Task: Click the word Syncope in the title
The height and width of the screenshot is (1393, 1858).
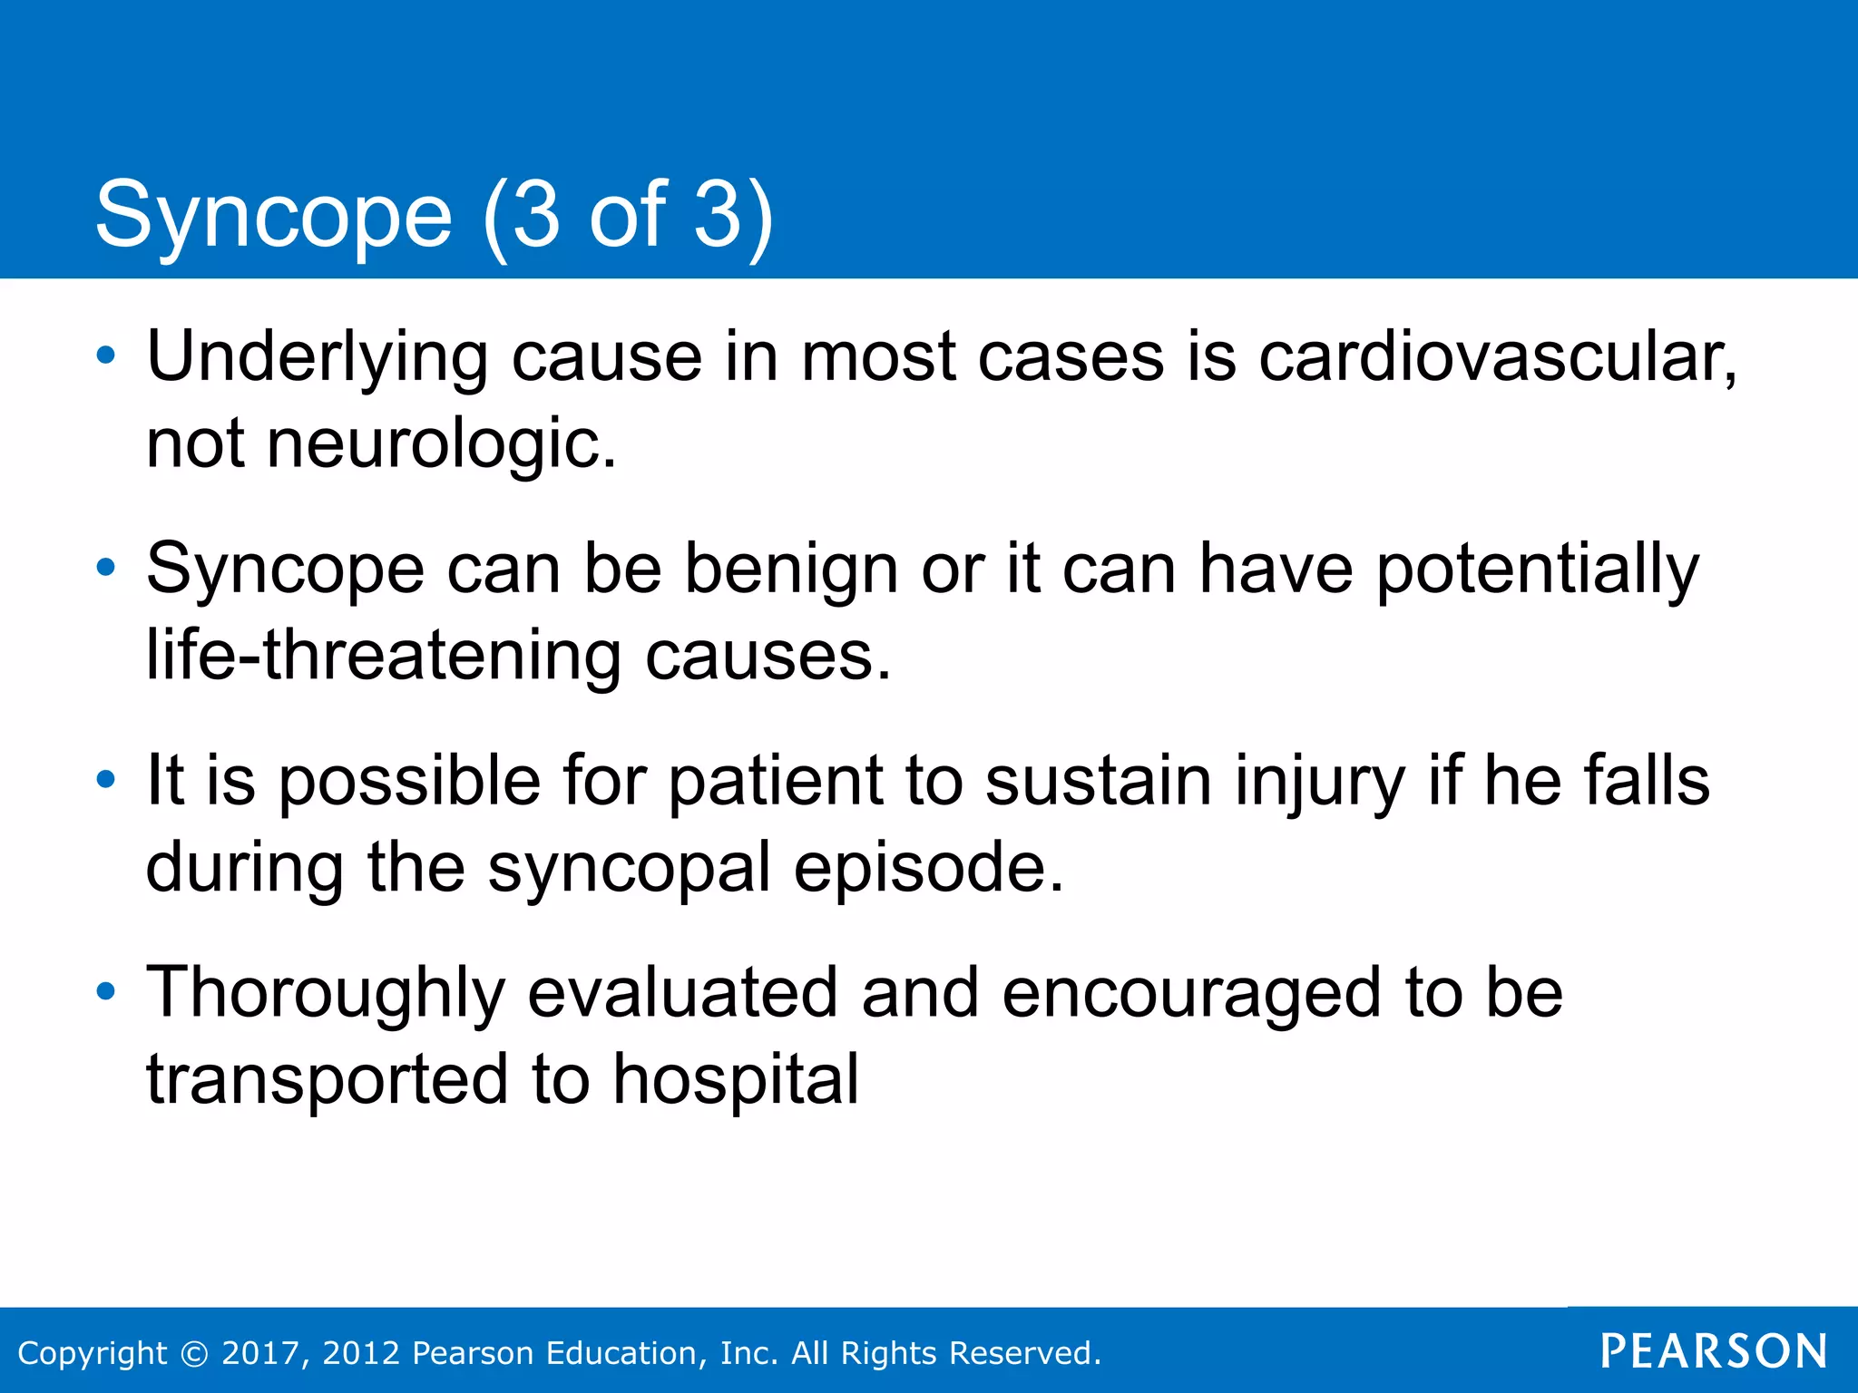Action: pyautogui.click(x=273, y=215)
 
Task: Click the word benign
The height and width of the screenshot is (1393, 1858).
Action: pyautogui.click(x=790, y=569)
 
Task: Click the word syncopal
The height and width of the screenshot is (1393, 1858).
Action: pyautogui.click(x=628, y=868)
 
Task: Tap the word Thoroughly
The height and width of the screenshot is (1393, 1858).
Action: pyautogui.click(x=325, y=993)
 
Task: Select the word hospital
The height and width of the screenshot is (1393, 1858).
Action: pyautogui.click(x=735, y=1079)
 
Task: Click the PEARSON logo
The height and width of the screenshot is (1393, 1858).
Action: pyautogui.click(x=1713, y=1351)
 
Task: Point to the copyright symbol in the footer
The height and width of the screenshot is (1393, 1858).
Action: pyautogui.click(x=193, y=1353)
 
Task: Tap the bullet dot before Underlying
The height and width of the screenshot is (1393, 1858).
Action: pyautogui.click(x=106, y=356)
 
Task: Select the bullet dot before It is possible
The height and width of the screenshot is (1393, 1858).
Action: pyautogui.click(x=106, y=780)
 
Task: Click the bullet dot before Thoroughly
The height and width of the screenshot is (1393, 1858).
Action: pyautogui.click(x=106, y=992)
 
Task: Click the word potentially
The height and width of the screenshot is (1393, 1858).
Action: pyautogui.click(x=1537, y=569)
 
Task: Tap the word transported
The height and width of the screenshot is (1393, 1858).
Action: pyautogui.click(x=327, y=1079)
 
